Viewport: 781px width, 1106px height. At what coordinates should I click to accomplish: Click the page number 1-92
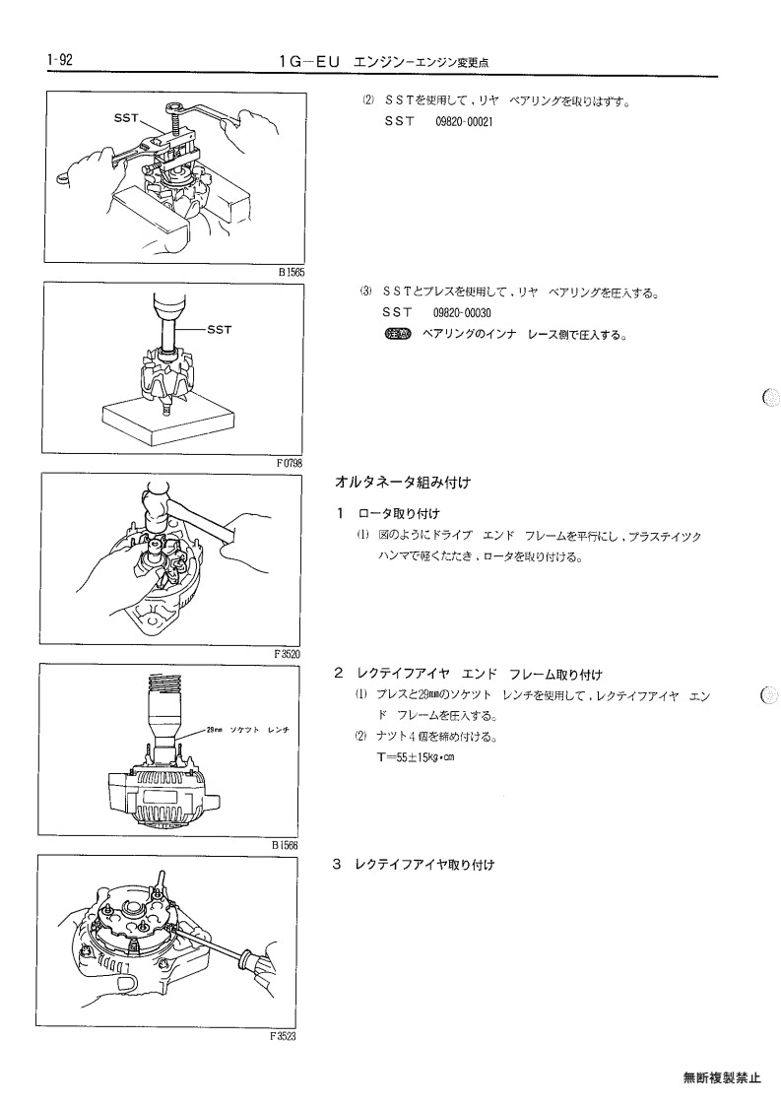pos(60,60)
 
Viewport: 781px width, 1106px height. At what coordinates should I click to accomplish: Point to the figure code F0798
pos(290,463)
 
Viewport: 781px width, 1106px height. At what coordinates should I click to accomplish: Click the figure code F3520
pos(288,653)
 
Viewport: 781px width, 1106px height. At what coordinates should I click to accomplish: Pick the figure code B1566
pos(285,844)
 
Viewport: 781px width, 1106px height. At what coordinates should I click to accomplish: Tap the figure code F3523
pos(283,1036)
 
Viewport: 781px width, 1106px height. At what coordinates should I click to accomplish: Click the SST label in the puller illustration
pos(127,118)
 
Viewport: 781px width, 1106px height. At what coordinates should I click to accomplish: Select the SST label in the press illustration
pos(220,329)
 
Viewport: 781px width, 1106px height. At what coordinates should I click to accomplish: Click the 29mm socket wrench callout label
pos(247,730)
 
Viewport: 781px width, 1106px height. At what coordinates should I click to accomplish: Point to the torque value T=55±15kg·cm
pos(417,757)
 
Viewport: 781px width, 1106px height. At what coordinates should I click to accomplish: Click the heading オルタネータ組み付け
pos(402,483)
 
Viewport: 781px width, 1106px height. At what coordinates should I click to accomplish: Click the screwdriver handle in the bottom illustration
pos(256,965)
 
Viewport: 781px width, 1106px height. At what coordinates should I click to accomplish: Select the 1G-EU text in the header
pos(310,62)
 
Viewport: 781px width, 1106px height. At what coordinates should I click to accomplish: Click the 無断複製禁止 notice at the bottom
pos(722,1077)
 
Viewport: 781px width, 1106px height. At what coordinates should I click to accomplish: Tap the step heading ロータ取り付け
pos(398,513)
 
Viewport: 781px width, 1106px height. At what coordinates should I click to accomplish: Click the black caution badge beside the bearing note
pos(398,334)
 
